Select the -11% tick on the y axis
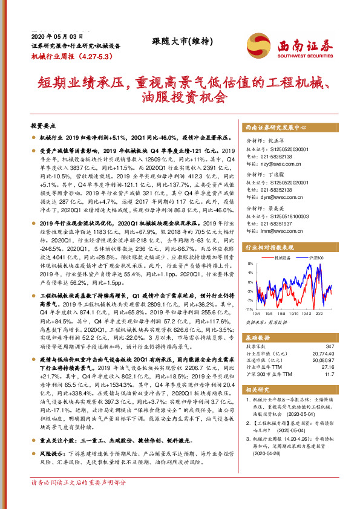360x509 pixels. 248,308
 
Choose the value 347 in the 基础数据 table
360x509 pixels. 330,346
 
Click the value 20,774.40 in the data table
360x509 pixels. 322,352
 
